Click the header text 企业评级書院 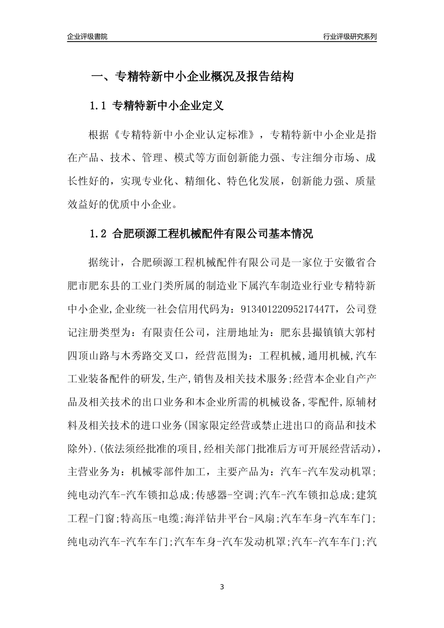coord(87,36)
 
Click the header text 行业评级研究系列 coord(350,36)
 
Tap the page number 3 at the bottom coord(222,587)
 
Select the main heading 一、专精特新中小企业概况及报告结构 coord(192,77)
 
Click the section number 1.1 coord(98,106)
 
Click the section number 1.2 coord(98,234)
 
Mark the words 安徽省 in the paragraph coord(349,262)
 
